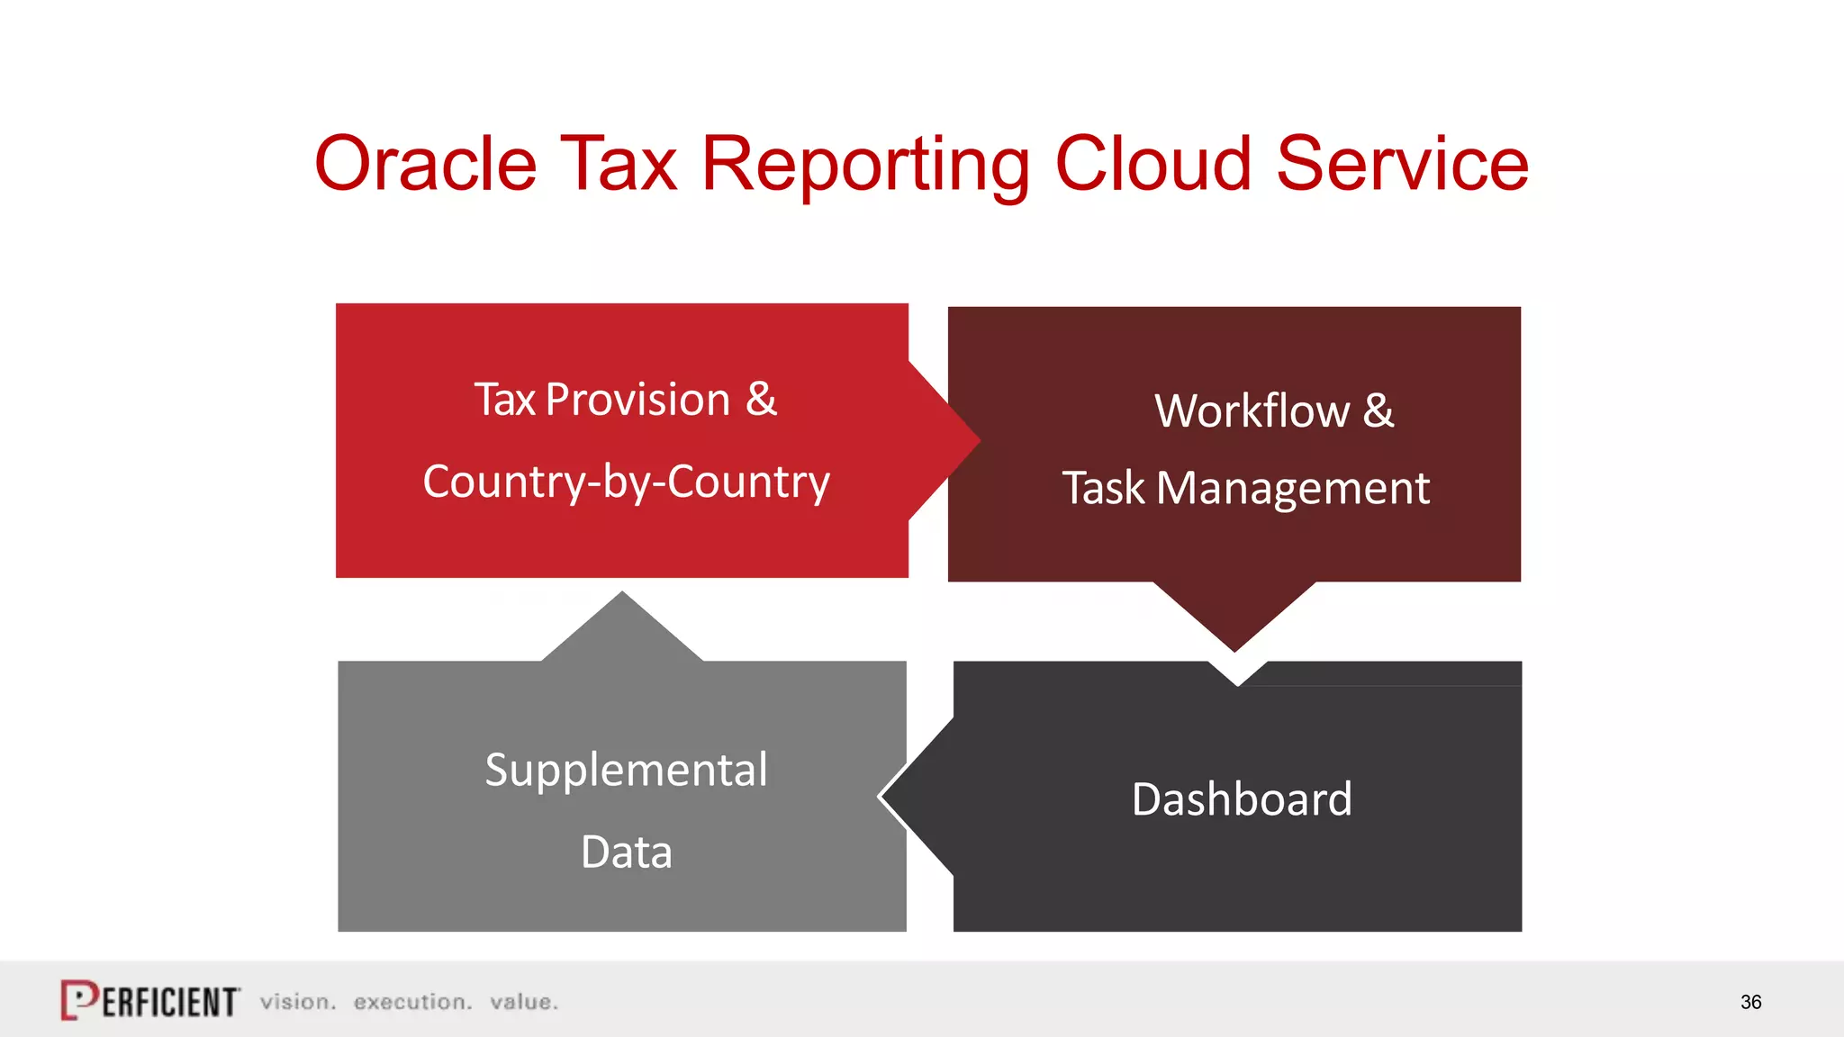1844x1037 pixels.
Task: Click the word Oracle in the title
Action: [425, 164]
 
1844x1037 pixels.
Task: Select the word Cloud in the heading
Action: [1152, 164]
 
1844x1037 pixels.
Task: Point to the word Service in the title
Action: [1402, 164]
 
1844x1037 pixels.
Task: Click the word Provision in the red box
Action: [637, 400]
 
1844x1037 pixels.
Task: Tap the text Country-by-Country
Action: [626, 482]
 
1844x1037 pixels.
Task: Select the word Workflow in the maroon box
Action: [1252, 411]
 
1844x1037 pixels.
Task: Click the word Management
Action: [1292, 489]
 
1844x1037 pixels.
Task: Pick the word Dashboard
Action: [1242, 799]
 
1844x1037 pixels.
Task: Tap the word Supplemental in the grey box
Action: [626, 771]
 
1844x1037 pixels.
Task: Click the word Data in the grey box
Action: [626, 852]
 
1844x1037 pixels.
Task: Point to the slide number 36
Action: [1750, 1002]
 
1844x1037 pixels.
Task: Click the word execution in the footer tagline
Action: [412, 1002]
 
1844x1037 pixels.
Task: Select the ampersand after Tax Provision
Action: [761, 400]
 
